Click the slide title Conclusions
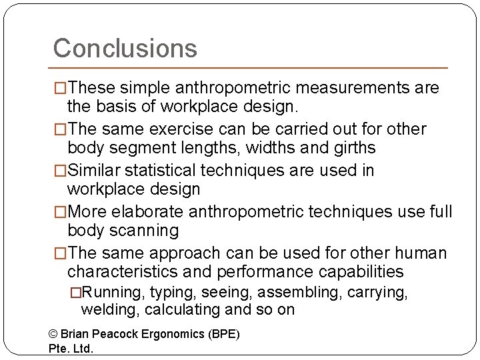pos(125,48)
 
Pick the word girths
pos(353,147)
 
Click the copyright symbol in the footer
pos(54,333)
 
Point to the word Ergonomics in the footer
pos(171,333)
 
